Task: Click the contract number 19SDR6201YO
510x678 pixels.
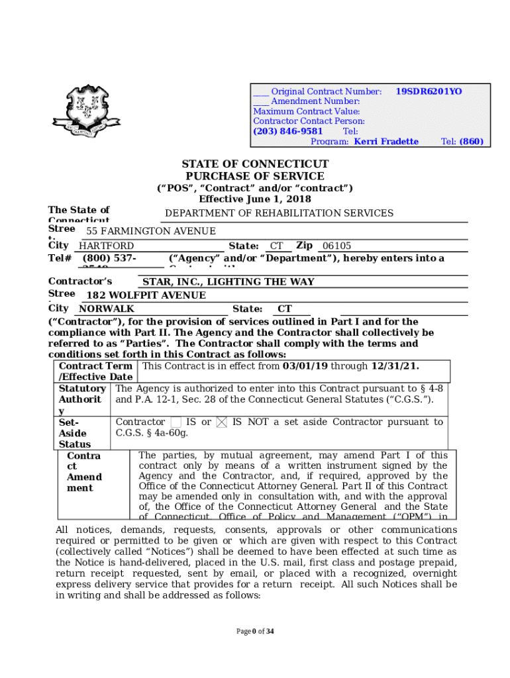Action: point(429,91)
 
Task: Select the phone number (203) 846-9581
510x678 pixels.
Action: point(288,131)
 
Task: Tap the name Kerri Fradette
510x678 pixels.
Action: point(386,142)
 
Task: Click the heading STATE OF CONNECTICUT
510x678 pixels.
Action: point(255,164)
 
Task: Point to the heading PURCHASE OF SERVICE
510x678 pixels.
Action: point(255,176)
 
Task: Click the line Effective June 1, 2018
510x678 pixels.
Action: point(255,199)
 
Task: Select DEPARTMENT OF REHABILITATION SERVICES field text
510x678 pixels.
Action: point(279,213)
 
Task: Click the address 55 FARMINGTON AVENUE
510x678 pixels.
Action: point(151,231)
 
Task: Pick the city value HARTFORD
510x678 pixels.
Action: point(107,246)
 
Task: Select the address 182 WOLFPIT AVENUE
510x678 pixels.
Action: point(146,295)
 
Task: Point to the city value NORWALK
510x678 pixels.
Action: point(107,309)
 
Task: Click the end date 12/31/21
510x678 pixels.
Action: point(394,366)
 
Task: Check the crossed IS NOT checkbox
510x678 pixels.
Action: point(222,422)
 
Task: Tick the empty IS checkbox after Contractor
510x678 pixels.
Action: point(176,422)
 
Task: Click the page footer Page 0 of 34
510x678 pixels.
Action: point(255,631)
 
